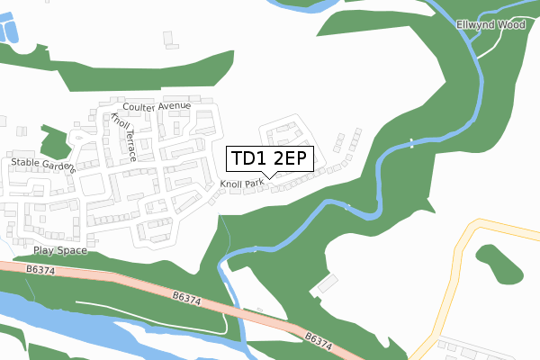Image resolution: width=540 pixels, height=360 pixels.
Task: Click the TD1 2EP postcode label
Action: pos(270,159)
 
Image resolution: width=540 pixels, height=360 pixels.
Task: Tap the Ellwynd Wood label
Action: pos(490,25)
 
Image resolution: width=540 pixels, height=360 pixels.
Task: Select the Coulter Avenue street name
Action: pos(158,106)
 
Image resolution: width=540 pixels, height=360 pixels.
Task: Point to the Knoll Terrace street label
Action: pos(123,137)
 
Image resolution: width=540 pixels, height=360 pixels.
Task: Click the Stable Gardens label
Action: pos(42,165)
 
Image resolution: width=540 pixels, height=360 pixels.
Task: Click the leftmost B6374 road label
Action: pos(40,268)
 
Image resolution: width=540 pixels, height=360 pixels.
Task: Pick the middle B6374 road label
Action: pos(185,296)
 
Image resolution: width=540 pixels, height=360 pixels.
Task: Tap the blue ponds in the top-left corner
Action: pos(11,32)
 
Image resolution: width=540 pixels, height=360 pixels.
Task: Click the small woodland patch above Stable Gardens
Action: pos(54,139)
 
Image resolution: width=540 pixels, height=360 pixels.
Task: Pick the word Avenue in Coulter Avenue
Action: pos(175,106)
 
